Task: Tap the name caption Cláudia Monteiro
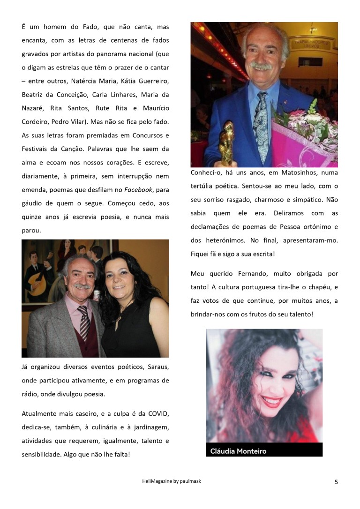(238, 451)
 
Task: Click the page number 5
(336, 482)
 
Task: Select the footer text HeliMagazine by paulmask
(172, 481)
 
